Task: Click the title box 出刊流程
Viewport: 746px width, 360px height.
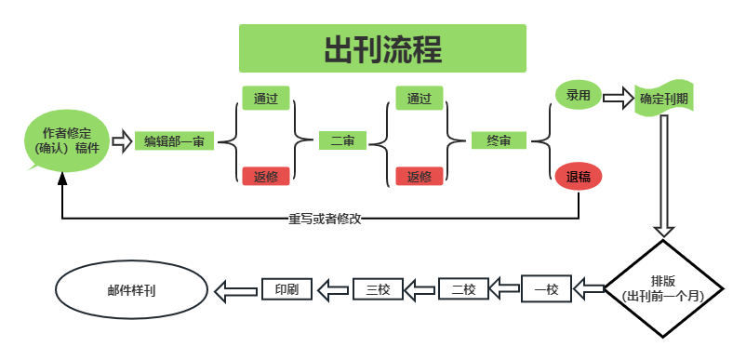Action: pos(382,48)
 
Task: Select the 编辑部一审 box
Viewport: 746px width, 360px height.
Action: pos(174,141)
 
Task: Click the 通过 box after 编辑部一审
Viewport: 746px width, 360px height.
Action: pos(266,97)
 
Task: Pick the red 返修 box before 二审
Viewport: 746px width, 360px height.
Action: pos(266,176)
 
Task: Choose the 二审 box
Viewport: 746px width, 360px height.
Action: pos(341,141)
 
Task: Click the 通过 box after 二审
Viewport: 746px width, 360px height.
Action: pos(419,98)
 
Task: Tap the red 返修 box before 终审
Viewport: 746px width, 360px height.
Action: pos(419,176)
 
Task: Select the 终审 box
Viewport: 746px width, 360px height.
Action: pos(498,141)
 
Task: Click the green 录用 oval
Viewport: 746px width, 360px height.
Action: pos(578,95)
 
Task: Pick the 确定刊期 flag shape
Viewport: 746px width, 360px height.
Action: pos(663,99)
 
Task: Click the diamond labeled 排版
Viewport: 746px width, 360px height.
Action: pos(663,288)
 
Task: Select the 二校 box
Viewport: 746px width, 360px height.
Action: pos(462,289)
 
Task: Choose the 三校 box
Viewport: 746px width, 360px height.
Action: pos(378,289)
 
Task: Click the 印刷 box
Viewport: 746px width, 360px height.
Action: pos(286,289)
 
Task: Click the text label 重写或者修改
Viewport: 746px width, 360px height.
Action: pos(325,219)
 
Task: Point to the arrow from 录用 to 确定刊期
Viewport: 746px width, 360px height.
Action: pos(618,96)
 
